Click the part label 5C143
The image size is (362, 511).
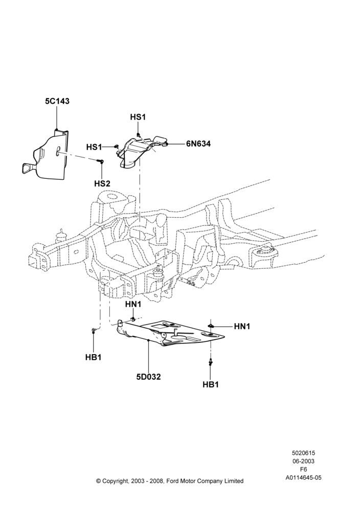point(57,101)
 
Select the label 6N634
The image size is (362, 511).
point(198,144)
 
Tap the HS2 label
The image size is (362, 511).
point(102,183)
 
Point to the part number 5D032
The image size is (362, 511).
point(149,377)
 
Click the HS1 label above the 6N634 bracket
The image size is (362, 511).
point(138,117)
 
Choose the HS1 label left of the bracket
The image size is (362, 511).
point(94,147)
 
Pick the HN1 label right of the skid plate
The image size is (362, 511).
point(242,326)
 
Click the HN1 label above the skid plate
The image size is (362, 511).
point(133,305)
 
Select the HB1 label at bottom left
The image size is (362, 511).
point(94,357)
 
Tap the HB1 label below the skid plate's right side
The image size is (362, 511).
point(211,385)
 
